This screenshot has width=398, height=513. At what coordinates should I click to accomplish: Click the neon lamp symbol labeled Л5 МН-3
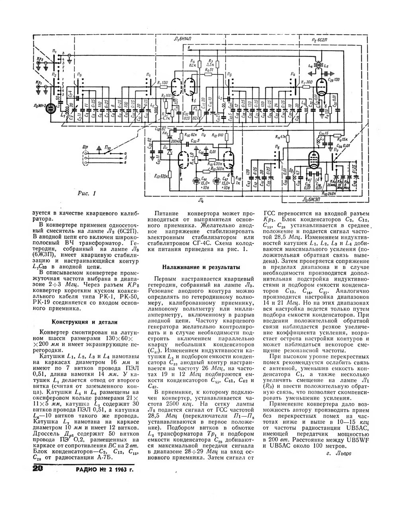click(51, 109)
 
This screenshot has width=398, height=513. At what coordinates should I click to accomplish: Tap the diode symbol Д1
click(170, 152)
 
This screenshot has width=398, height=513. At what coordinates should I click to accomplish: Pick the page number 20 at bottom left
click(40, 470)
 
